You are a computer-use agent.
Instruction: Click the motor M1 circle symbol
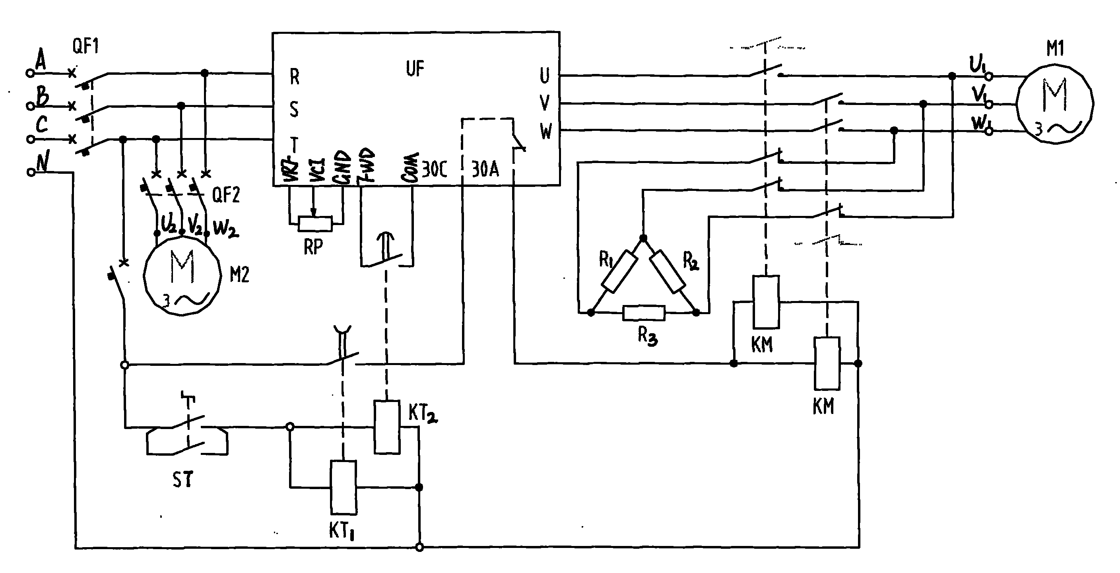point(1055,103)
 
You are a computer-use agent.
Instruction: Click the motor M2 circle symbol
point(182,276)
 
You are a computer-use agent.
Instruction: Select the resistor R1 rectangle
point(619,271)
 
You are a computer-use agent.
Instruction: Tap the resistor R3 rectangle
point(644,313)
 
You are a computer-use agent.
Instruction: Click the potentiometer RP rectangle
point(315,223)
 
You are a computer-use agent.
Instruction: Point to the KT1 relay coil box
point(344,487)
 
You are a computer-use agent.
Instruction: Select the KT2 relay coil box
point(387,427)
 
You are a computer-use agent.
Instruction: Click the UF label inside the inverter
point(415,69)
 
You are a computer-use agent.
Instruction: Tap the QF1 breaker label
point(85,46)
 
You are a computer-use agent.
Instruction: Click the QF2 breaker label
point(226,195)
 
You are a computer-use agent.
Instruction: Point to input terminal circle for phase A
point(30,73)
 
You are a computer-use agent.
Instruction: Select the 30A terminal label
point(485,169)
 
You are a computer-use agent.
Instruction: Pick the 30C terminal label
point(434,169)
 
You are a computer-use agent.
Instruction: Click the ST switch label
point(182,480)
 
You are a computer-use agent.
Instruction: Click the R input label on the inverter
point(294,77)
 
